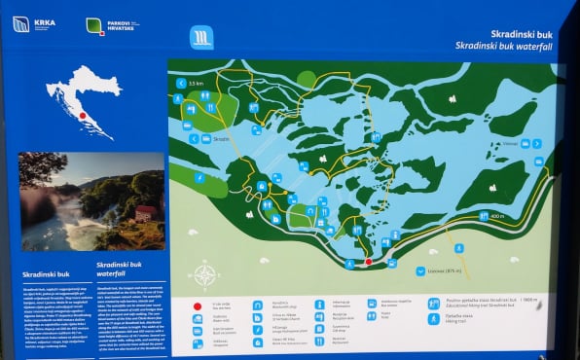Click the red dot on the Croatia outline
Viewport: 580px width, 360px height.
[x=83, y=116]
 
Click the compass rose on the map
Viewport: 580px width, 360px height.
[x=204, y=274]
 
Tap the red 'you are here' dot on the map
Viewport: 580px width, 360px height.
[x=368, y=262]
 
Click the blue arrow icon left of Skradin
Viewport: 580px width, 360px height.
[x=195, y=138]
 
